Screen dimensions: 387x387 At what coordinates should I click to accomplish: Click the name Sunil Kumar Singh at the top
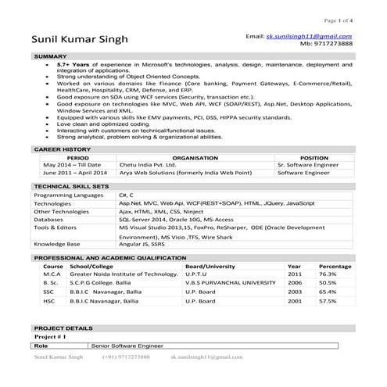[x=81, y=39]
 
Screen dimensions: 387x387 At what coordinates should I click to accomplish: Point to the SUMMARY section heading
[x=50, y=57]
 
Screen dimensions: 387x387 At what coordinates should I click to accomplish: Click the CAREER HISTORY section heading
[x=62, y=148]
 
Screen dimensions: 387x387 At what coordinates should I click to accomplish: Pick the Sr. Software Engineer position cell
[x=309, y=166]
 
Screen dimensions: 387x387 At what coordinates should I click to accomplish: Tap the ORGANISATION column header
[x=173, y=157]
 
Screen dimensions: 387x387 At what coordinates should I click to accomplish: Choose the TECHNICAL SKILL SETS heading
[x=70, y=187]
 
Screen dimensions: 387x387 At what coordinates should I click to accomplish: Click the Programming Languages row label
[x=68, y=195]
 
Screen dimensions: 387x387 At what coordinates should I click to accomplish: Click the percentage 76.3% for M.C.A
[x=328, y=274]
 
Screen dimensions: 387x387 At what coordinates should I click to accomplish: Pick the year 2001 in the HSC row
[x=294, y=300]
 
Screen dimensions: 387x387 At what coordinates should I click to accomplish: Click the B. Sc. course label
[x=52, y=283]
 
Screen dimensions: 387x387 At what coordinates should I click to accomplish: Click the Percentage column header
[x=335, y=266]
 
